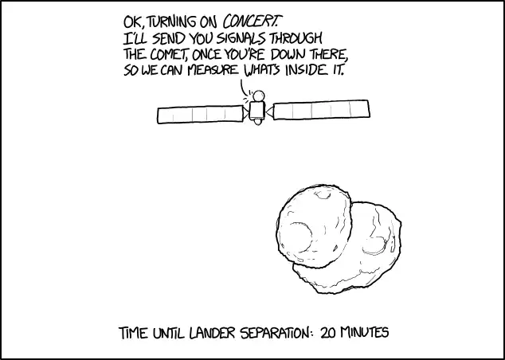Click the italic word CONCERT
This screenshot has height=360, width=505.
click(x=251, y=22)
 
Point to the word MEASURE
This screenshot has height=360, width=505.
click(x=213, y=71)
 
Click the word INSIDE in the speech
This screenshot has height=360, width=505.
click(x=305, y=70)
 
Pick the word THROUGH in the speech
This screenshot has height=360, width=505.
click(x=296, y=39)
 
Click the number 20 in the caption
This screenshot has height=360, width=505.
click(x=328, y=332)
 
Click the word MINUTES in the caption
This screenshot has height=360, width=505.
click(x=364, y=332)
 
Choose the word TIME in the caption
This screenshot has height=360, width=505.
click(x=134, y=333)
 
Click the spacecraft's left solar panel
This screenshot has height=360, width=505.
click(x=200, y=115)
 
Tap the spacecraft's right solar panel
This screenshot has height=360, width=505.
click(x=322, y=110)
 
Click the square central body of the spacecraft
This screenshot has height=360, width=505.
click(x=257, y=111)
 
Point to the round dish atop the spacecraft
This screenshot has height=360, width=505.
click(x=259, y=96)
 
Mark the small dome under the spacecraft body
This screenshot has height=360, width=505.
click(x=257, y=122)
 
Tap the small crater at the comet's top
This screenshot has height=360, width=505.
click(x=323, y=194)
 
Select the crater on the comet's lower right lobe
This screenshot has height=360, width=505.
click(x=374, y=245)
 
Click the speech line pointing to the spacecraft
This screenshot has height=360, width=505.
click(x=243, y=88)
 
